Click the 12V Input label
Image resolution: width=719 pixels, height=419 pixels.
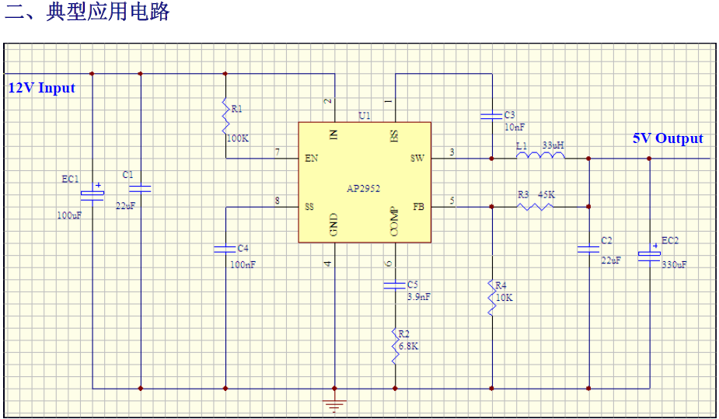click(41, 88)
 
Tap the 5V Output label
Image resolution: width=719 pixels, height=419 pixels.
click(667, 138)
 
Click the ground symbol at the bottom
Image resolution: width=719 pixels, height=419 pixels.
click(335, 405)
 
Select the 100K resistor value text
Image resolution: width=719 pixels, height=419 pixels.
click(237, 138)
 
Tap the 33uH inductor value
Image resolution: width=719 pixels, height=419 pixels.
click(553, 145)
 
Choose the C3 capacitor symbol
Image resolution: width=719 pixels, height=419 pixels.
click(492, 116)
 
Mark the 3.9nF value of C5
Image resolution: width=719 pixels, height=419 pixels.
click(419, 296)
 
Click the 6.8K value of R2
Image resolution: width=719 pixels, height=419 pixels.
click(407, 346)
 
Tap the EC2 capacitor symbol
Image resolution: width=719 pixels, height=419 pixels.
click(649, 253)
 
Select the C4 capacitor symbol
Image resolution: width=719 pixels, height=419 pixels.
click(225, 249)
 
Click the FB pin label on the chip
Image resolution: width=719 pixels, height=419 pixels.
click(418, 207)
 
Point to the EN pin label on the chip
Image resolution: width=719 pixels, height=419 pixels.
click(311, 158)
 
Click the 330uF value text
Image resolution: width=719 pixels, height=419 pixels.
click(674, 264)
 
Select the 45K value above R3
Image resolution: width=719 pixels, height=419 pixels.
click(546, 194)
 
